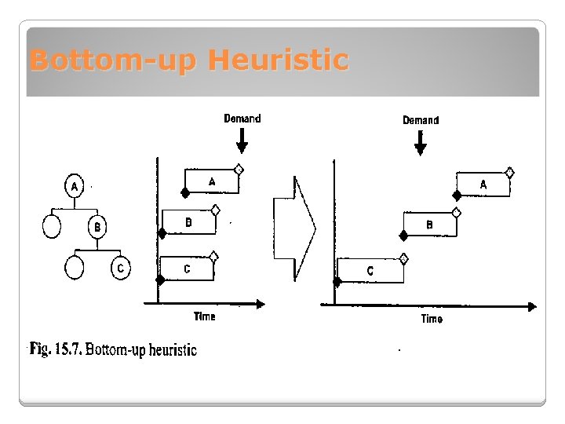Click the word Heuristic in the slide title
[279, 60]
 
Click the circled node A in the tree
[75, 187]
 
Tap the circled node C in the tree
[120, 268]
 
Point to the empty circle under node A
[52, 227]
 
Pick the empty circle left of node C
[75, 268]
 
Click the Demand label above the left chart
[242, 119]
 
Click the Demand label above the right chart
[421, 120]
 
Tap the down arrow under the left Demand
[242, 141]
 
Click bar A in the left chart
[212, 181]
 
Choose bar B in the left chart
[188, 222]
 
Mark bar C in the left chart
[187, 269]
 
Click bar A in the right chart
[483, 184]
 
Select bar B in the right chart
[429, 225]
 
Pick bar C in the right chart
[370, 270]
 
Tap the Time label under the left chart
[205, 316]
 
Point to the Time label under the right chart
[432, 319]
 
